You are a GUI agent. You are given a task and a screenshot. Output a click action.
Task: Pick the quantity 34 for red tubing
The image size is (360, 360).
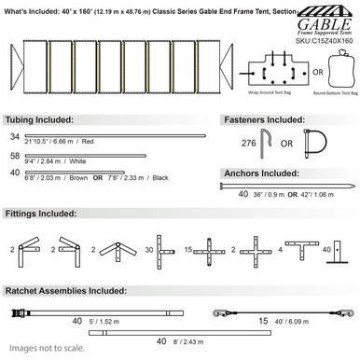[x=14, y=137]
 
